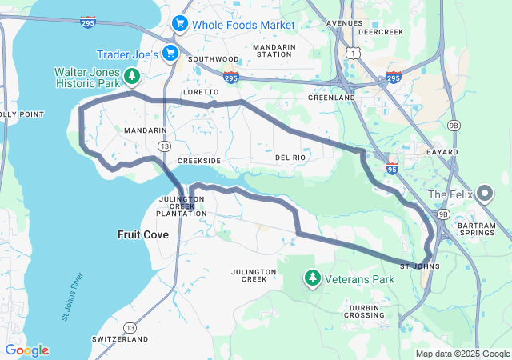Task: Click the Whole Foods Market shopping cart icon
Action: (x=180, y=25)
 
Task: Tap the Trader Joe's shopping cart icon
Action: (x=170, y=54)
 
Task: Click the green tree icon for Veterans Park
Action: (x=312, y=278)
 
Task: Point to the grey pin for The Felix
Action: (x=484, y=194)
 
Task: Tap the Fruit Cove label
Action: (x=142, y=234)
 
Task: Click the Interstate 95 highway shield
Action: (x=391, y=168)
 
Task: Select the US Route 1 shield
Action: (x=352, y=52)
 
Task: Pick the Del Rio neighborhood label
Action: (x=291, y=158)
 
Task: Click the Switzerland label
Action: (x=120, y=340)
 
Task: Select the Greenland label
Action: (x=331, y=98)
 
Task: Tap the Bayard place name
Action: (x=442, y=152)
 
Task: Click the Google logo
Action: (x=26, y=350)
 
